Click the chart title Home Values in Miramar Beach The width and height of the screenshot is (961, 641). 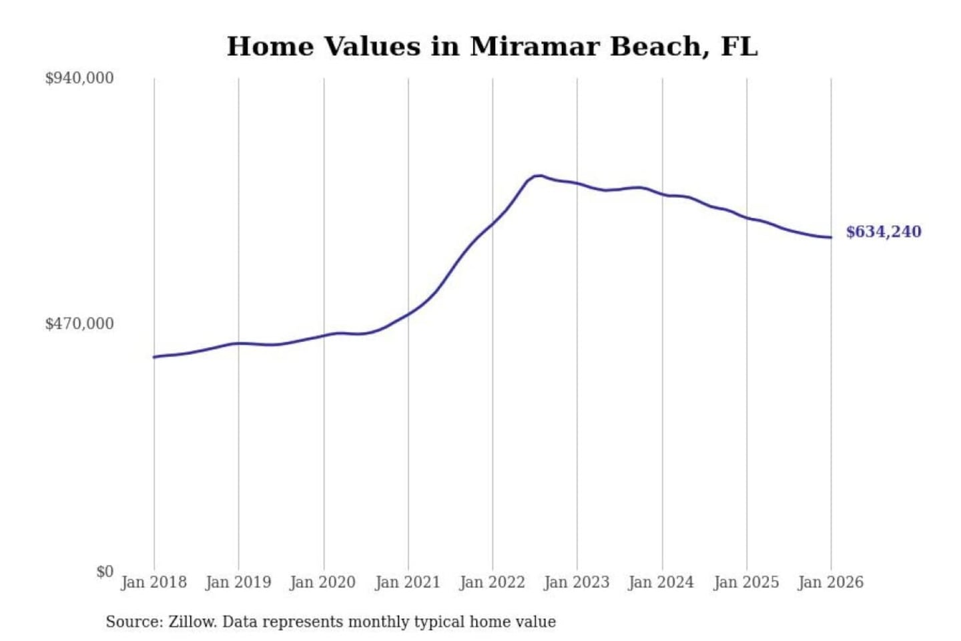tap(492, 47)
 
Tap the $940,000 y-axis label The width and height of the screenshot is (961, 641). tap(79, 78)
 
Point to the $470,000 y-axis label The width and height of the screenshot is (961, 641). tap(79, 324)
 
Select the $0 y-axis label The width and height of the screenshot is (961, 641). tap(105, 572)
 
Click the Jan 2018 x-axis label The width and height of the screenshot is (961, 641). tap(153, 582)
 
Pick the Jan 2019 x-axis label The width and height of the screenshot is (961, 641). tap(238, 582)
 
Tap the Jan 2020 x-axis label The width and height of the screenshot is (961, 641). tap(323, 582)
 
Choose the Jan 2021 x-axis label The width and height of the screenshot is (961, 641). tap(408, 582)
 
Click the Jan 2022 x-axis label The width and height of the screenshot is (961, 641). tap(493, 582)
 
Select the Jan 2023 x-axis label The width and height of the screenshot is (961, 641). tap(577, 582)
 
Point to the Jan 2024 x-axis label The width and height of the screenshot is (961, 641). tap(661, 582)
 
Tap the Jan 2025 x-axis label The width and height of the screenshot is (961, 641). tap(746, 582)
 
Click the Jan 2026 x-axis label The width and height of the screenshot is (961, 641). tap(831, 582)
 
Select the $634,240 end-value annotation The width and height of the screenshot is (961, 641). tap(884, 232)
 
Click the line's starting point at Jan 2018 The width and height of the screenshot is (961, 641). tap(154, 357)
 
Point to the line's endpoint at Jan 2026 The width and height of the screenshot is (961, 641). tap(831, 237)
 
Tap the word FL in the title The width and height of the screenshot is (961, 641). tap(739, 47)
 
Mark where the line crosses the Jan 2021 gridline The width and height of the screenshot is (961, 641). tap(408, 313)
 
